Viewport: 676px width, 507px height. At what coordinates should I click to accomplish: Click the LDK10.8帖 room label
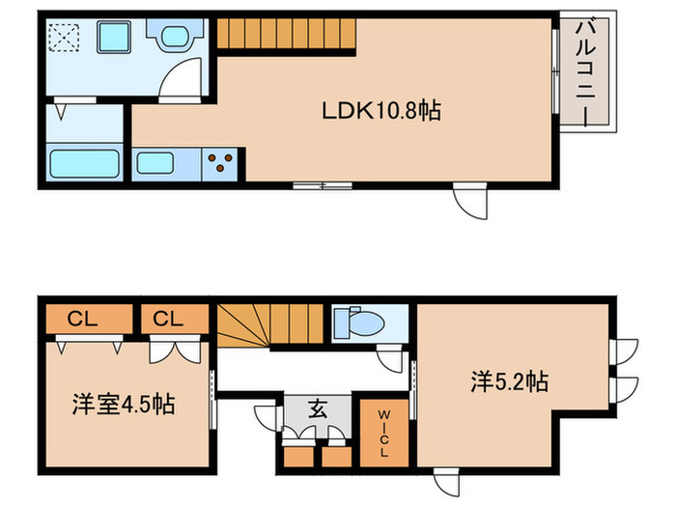(381, 111)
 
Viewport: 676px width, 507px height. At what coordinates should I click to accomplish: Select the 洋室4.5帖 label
(125, 404)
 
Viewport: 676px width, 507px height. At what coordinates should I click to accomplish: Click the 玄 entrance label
(317, 408)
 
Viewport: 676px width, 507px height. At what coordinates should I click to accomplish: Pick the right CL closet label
(174, 317)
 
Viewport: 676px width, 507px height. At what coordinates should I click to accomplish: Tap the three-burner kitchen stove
(222, 162)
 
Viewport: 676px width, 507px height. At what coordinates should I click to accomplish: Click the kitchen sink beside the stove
(161, 162)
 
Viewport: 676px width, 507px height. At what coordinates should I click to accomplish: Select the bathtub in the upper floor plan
(83, 164)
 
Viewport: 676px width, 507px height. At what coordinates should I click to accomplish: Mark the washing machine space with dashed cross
(69, 40)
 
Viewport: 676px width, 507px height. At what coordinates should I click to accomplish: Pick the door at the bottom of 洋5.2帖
(446, 480)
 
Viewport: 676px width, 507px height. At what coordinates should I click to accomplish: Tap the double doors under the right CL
(176, 348)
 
